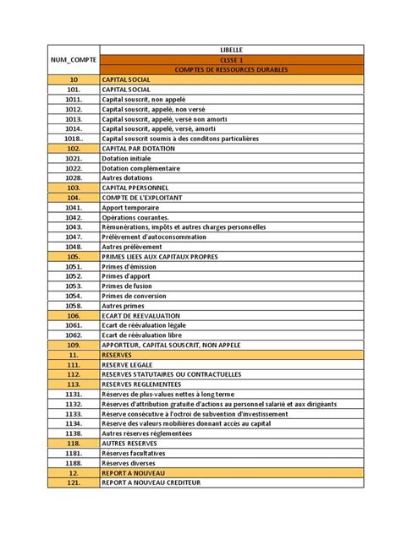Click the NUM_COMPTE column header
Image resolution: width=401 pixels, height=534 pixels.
73,60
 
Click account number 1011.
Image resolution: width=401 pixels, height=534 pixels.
73,98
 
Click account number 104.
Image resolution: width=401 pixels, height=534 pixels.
73,197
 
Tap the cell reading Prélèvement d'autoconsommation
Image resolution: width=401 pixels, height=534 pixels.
156,237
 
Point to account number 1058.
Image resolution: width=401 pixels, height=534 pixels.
73,305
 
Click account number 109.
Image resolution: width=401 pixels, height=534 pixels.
73,345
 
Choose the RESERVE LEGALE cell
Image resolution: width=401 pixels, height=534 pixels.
128,365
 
